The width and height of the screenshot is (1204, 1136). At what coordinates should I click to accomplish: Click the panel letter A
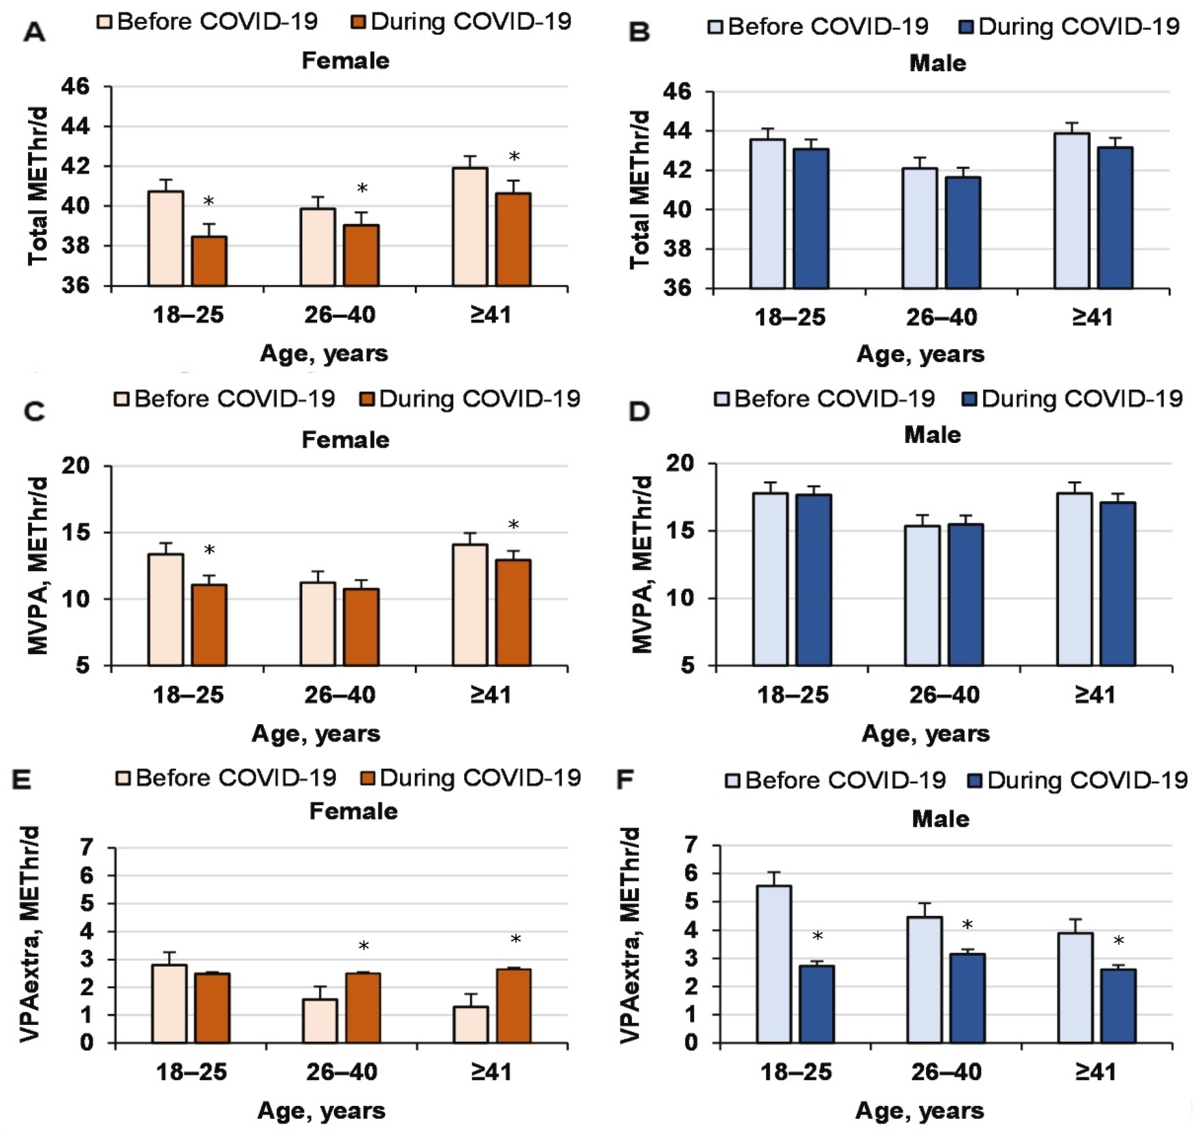pos(34,32)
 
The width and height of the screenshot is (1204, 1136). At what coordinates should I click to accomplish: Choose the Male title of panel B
pos(938,64)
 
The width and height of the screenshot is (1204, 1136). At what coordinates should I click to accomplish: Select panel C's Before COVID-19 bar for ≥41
pos(470,604)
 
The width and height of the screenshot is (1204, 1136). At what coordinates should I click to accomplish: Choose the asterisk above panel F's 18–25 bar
pos(817,937)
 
